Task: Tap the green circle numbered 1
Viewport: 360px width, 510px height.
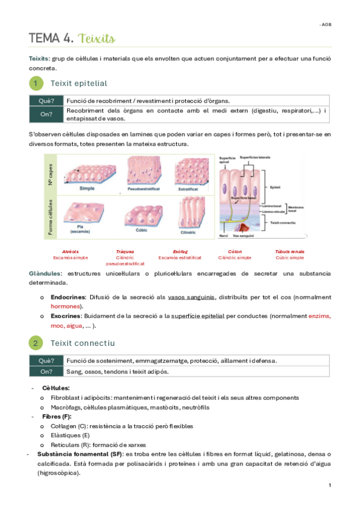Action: tap(36, 83)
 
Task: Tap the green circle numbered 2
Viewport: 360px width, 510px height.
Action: tap(36, 343)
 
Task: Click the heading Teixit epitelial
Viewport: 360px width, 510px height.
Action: tap(79, 83)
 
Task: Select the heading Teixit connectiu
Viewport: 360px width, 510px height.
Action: tap(82, 343)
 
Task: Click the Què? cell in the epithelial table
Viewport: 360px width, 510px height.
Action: tap(46, 100)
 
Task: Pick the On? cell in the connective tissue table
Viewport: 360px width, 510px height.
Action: tap(46, 371)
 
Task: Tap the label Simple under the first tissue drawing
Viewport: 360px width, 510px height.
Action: tap(87, 188)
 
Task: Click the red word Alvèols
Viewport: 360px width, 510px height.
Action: tap(70, 251)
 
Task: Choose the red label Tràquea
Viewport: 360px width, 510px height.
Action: tap(125, 251)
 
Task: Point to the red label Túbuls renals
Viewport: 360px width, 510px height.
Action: tap(290, 251)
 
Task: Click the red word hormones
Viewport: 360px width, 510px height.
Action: tap(66, 306)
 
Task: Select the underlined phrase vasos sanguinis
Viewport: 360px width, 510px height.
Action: tap(192, 297)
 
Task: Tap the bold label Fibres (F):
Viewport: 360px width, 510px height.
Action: tap(57, 416)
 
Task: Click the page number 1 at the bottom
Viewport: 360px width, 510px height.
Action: tap(330, 485)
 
